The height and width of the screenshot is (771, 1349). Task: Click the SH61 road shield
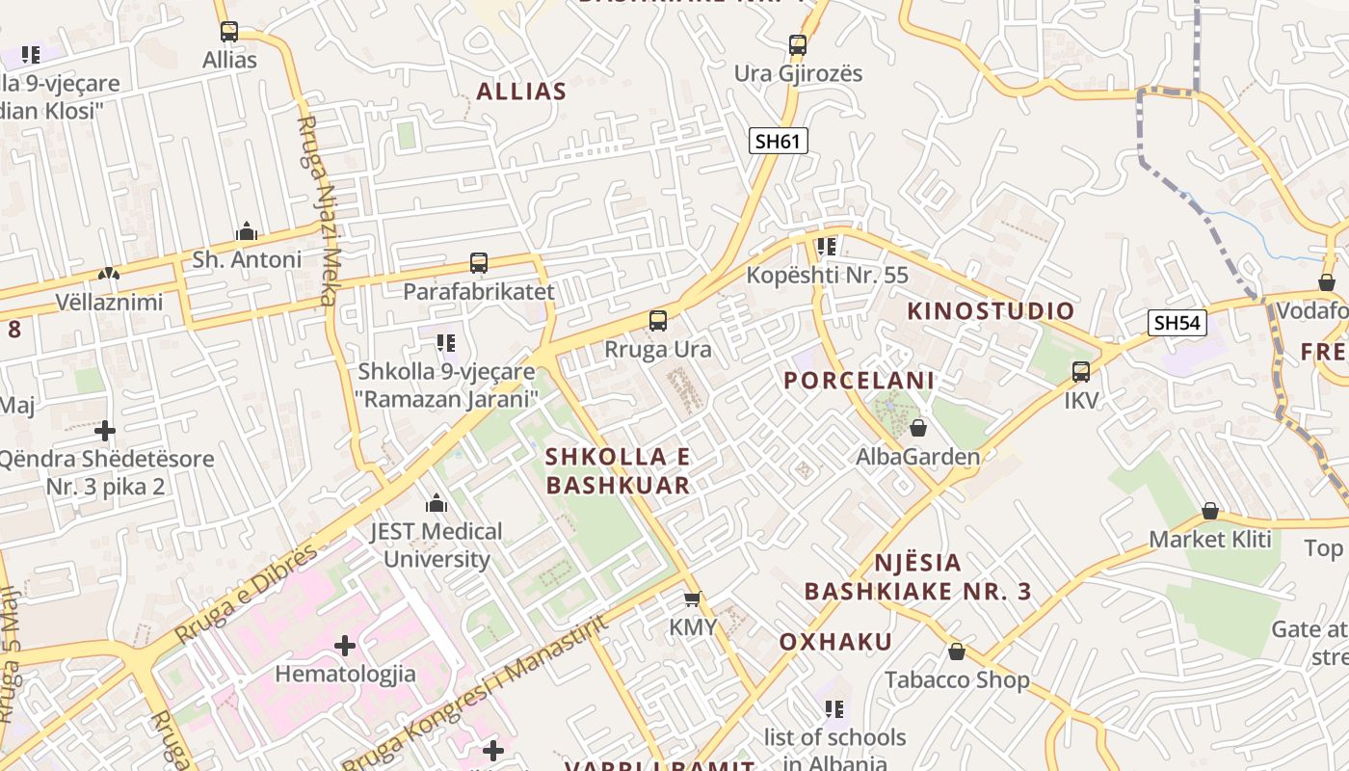point(778,141)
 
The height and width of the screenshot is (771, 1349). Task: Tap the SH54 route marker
point(1177,323)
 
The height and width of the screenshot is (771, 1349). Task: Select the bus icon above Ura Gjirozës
point(797,44)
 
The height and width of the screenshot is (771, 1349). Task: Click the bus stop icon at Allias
point(228,32)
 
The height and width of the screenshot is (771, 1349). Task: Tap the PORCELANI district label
point(859,381)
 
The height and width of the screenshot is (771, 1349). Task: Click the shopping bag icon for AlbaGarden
point(918,427)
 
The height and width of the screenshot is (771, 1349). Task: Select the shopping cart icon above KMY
point(692,599)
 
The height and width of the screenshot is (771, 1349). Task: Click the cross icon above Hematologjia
point(345,645)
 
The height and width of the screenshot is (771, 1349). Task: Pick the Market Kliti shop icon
point(1210,511)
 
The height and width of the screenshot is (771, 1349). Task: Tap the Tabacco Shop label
point(957,680)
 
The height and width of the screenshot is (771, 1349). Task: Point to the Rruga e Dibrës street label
point(246,594)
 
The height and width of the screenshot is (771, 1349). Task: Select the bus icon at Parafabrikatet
point(478,262)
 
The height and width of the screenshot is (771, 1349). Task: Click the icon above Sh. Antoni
point(247,231)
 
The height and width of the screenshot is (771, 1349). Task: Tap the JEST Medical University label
point(436,545)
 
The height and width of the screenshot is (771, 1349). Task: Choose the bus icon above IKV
point(1081,371)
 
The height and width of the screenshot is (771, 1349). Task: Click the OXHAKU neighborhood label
point(834,642)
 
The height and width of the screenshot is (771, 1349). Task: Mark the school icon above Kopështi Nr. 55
point(826,247)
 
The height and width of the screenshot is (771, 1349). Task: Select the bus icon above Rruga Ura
point(658,320)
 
